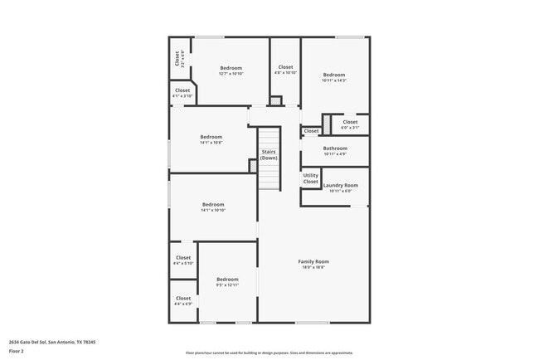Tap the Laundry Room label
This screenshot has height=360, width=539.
pos(340,185)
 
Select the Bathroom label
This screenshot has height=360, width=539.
pos(335,148)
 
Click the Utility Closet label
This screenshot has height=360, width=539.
pos(310,178)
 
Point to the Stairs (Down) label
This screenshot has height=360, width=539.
pos(269,154)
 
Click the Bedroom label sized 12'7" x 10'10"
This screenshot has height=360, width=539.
pos(231,68)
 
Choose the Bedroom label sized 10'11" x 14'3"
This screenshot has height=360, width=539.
pos(333,74)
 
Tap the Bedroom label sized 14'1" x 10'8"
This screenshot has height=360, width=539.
pos(211,137)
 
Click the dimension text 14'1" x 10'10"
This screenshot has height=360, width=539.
pos(213,211)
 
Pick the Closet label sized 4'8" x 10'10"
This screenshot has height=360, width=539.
pos(285,67)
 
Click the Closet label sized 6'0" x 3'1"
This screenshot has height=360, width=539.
pos(350,122)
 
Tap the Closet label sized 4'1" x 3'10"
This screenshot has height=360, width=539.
pos(182,90)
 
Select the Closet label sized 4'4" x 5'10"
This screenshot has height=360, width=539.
pos(183,257)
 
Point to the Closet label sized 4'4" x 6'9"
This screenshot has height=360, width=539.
pos(183,298)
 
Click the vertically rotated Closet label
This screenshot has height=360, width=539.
pos(177,58)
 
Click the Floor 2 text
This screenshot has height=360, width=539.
pos(17,351)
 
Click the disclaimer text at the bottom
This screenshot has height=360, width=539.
pos(269,352)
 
